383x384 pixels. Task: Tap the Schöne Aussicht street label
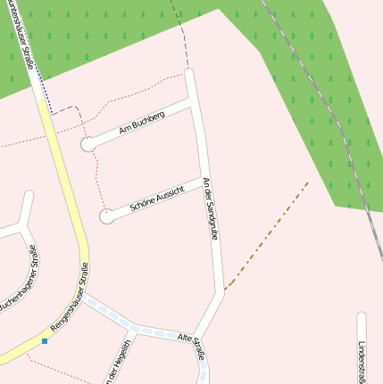coord(157,198)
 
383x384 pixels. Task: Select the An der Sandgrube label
coord(212,210)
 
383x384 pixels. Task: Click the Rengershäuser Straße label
coord(70,299)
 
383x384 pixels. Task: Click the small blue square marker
coord(44,340)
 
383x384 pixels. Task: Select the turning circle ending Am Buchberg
coord(88,144)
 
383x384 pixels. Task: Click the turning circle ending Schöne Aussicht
coord(107,216)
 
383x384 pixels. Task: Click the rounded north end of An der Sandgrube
coord(188,73)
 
